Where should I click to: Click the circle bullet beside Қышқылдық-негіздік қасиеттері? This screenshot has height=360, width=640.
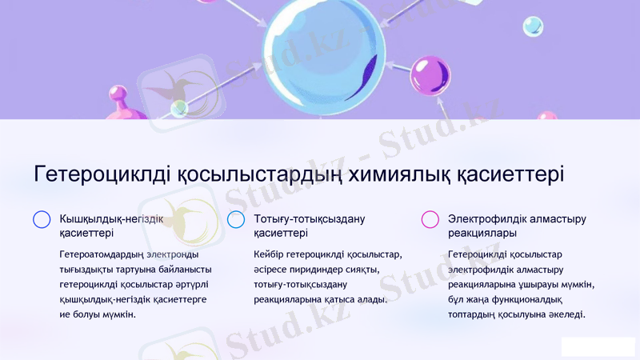(42, 219)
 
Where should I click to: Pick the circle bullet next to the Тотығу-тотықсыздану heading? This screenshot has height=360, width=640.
(236, 219)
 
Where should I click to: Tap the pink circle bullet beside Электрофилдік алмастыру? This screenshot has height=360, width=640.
(430, 219)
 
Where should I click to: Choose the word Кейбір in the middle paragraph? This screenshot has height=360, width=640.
(269, 254)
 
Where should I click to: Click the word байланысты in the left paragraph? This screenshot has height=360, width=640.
(185, 270)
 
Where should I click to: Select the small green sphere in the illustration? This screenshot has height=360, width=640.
(179, 108)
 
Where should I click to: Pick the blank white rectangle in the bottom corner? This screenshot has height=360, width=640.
(598, 346)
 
